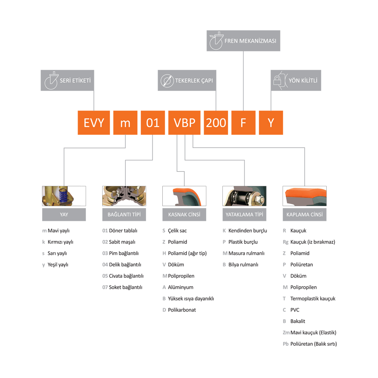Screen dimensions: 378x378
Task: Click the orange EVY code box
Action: tap(94, 123)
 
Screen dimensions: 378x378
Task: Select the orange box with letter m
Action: tap(125, 123)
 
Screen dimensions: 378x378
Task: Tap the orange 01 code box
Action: tap(153, 123)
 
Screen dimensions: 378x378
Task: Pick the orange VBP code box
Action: tap(185, 123)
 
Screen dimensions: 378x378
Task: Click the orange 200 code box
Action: tap(216, 123)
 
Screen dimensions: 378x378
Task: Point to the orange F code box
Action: tap(243, 123)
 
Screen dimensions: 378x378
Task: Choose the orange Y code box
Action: tap(271, 123)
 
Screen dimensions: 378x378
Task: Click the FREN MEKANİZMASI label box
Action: tap(243, 41)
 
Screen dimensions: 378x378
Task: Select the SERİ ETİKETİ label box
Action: tap(67, 80)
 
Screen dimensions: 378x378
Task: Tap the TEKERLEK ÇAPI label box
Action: tap(187, 80)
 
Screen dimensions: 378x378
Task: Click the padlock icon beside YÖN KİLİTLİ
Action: tap(277, 81)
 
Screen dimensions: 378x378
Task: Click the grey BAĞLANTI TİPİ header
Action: tap(124, 214)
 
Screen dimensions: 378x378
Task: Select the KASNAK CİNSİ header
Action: tap(184, 214)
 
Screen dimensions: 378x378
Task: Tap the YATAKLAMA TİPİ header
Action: tap(244, 214)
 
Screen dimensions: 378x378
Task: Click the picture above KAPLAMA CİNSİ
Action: tap(304, 196)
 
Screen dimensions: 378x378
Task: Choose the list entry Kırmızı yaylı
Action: tap(60, 242)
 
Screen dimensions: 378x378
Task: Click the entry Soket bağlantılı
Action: tap(125, 287)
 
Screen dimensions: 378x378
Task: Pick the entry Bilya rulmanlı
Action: tap(243, 265)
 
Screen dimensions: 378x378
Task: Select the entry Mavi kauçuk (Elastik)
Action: tap(313, 333)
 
